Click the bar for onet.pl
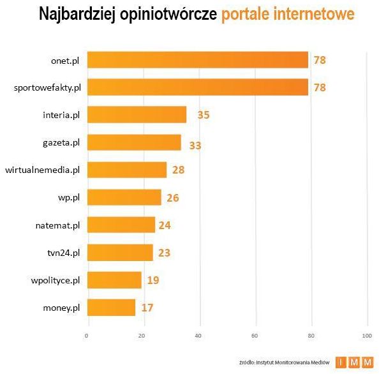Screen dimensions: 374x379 click(197, 60)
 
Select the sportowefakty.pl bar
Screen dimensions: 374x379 click(197, 87)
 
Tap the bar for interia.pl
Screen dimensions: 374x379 click(137, 115)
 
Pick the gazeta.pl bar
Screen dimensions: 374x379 click(134, 142)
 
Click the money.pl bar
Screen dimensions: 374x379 click(111, 308)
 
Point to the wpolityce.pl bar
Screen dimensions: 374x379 click(114, 280)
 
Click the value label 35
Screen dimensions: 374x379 click(203, 116)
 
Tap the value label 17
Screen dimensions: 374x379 click(147, 308)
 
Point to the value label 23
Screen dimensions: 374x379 click(164, 253)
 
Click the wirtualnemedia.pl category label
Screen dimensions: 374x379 click(42, 170)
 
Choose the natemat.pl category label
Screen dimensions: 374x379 click(58, 225)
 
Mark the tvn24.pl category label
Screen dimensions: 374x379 click(63, 253)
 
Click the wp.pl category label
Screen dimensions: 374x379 click(68, 198)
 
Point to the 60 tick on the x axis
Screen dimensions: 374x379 click(255, 336)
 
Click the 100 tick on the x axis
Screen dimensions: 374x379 click(366, 336)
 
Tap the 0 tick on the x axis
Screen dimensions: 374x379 click(87, 336)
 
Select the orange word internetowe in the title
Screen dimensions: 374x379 click(311, 14)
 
